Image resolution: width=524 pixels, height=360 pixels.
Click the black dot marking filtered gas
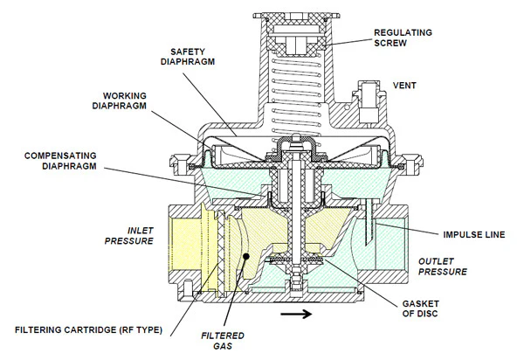[248, 257]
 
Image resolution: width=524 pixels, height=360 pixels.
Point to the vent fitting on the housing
[365, 92]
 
